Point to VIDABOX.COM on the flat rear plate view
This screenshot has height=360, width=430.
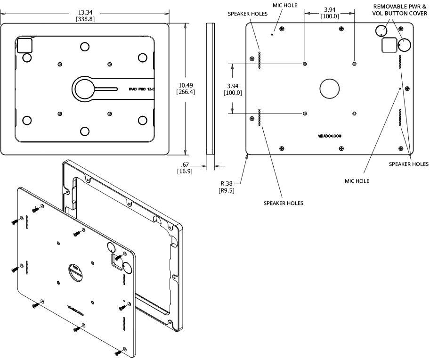[330, 135]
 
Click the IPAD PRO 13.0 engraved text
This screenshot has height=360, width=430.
[142, 88]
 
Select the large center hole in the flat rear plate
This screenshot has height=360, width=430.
[330, 88]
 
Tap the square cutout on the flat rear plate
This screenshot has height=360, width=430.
[389, 45]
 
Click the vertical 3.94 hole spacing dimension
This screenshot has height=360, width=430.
[235, 89]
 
